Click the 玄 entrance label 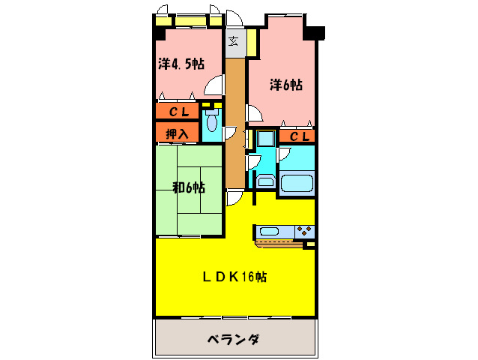tap(234, 40)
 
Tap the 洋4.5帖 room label tap(181, 64)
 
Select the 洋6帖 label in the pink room tap(286, 85)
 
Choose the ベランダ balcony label tap(233, 340)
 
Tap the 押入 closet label tap(177, 133)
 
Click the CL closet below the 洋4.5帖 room tap(177, 112)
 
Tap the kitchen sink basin tap(271, 231)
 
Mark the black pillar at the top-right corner tap(314, 33)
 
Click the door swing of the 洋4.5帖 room tap(214, 85)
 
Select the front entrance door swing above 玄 tap(233, 17)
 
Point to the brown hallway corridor tap(235, 120)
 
